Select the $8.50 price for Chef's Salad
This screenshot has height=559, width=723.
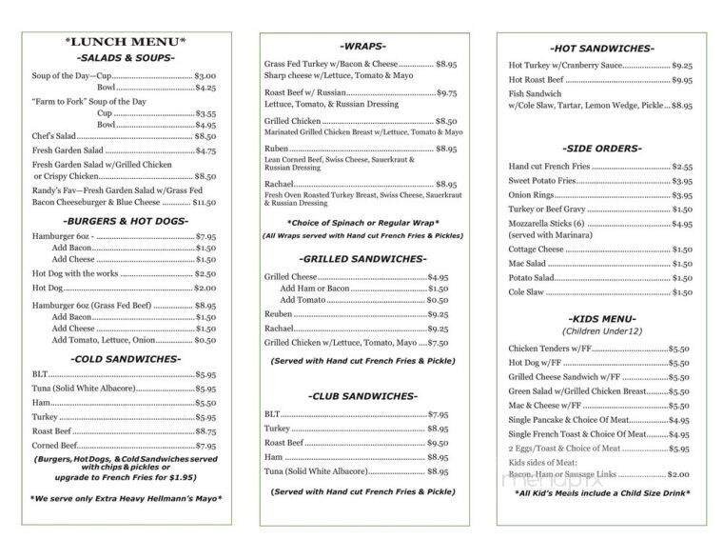[205, 136]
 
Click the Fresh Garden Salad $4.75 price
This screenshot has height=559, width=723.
[205, 150]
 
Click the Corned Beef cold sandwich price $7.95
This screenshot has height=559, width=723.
[205, 445]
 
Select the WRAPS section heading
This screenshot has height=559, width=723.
[364, 46]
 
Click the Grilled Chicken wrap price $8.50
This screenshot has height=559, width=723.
[446, 122]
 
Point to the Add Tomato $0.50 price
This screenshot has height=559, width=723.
[438, 300]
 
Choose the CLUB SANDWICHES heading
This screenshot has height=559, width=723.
[364, 395]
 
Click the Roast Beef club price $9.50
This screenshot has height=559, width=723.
[438, 443]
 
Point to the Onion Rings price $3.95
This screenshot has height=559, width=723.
[682, 195]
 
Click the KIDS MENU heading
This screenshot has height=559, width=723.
[601, 319]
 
